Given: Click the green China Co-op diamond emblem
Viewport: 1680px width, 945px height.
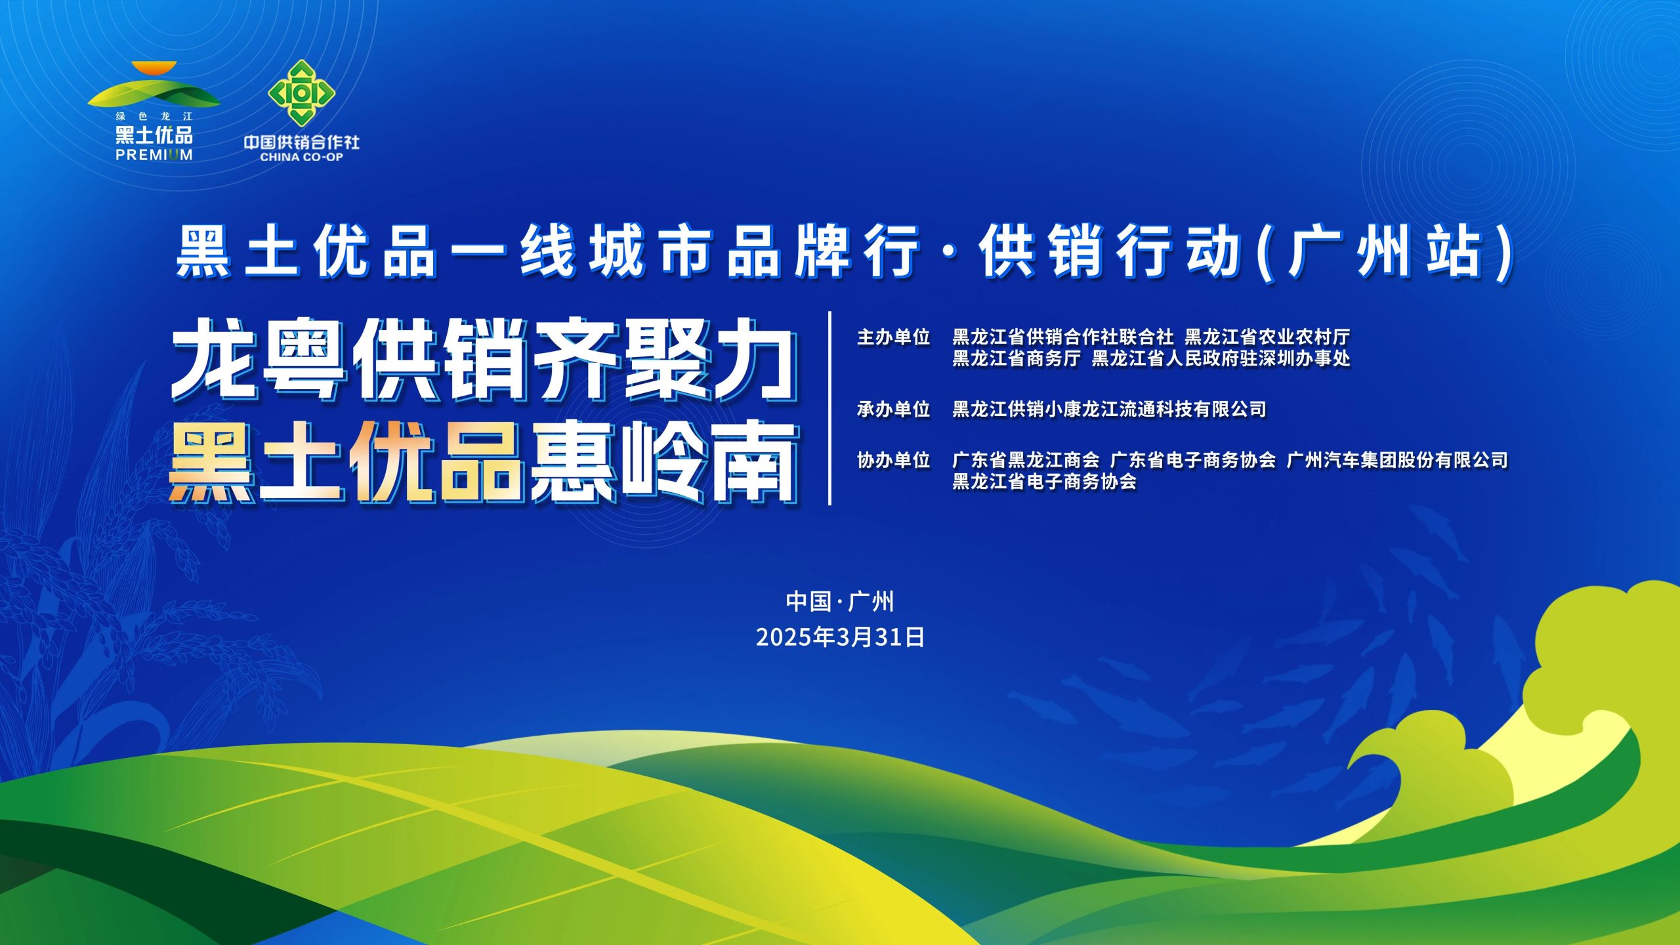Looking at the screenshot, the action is click(301, 93).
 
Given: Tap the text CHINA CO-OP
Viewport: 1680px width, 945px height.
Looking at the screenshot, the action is click(301, 157).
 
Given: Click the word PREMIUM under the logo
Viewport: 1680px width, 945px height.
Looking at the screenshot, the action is click(154, 155).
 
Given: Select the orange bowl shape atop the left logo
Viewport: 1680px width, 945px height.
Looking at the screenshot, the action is click(154, 68).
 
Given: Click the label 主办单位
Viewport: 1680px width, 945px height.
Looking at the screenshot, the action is click(894, 337).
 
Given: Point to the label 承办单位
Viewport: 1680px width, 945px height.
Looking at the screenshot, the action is click(894, 409).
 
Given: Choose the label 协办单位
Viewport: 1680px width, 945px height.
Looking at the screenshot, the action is click(894, 461).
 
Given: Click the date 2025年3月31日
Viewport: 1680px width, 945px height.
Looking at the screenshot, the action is click(840, 637).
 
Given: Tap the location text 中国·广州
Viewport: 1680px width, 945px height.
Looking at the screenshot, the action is click(840, 601).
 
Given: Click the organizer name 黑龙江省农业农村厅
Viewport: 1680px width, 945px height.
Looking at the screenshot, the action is click(1267, 337).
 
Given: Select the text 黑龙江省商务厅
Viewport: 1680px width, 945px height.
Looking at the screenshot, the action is click(1016, 358).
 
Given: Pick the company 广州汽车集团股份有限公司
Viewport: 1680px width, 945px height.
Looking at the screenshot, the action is click(1397, 461).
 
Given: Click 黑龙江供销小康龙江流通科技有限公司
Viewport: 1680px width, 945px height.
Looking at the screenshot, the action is click(1109, 409).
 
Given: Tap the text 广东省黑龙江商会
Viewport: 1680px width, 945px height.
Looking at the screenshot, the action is click(1026, 461).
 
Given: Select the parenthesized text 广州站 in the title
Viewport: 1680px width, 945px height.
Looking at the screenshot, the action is click(1389, 253).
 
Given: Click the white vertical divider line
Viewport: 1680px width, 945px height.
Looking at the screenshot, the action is click(830, 408).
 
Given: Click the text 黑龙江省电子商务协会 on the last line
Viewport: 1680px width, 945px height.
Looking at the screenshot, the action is click(1044, 482).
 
